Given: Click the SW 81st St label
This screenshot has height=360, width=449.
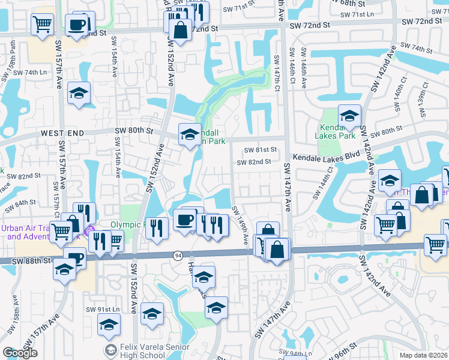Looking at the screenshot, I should tap(259, 150).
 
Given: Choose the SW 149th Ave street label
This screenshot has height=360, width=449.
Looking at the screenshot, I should tap(240, 226).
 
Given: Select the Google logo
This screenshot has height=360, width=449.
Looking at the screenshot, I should tap(20, 353).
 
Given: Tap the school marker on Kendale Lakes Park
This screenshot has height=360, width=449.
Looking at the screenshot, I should tap(349, 116).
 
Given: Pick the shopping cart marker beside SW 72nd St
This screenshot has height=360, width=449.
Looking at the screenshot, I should tap(42, 25).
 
